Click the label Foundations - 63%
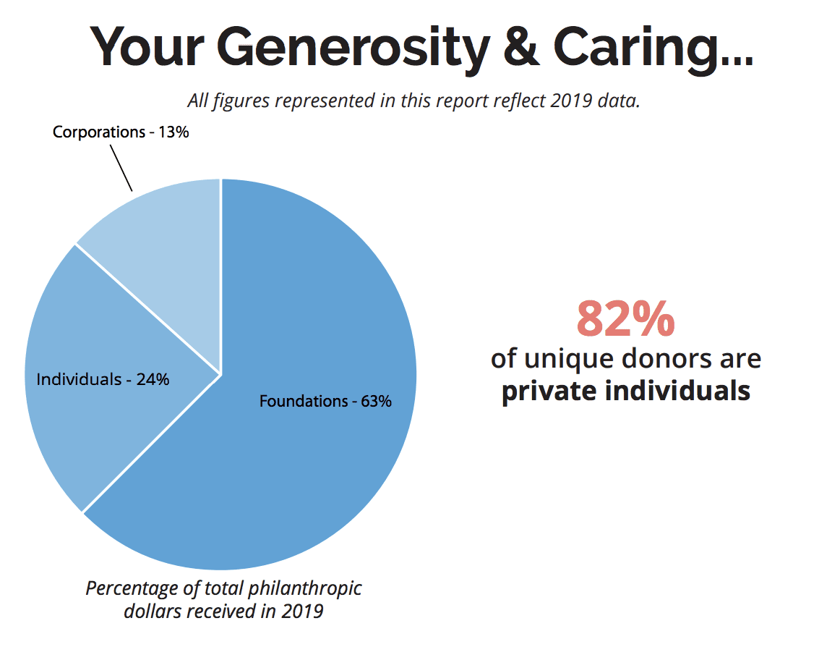click(x=325, y=401)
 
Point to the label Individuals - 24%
click(x=103, y=378)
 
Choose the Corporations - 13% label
click(x=121, y=132)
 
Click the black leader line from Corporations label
click(x=121, y=168)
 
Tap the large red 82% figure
click(x=625, y=319)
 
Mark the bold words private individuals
click(x=625, y=391)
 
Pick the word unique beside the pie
click(x=572, y=358)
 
